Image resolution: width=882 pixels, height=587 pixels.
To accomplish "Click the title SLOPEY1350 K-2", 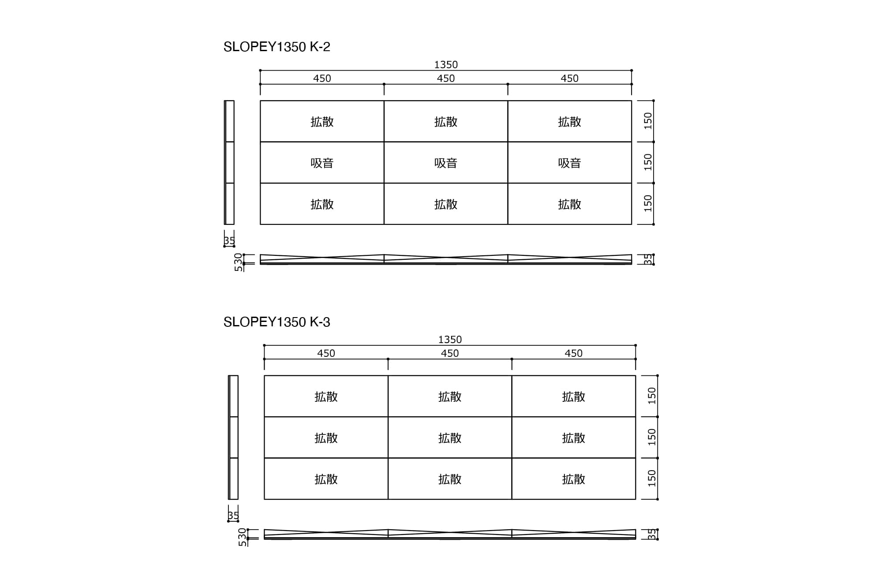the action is tap(277, 47).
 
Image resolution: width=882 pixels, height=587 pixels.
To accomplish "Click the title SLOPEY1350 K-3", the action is tap(277, 322).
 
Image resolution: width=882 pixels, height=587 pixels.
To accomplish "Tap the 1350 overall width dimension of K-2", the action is tap(446, 65).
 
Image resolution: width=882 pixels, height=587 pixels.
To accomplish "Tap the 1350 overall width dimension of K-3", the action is tap(450, 340).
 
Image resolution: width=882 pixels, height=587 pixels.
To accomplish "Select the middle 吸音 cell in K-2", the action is tap(446, 163).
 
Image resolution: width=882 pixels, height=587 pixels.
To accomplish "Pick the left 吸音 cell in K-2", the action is tap(322, 163).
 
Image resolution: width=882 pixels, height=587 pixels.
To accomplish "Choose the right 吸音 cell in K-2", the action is tap(570, 163).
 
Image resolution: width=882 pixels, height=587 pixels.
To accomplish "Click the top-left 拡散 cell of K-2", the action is tap(322, 121).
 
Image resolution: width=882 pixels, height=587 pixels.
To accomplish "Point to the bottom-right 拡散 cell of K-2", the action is tap(570, 204).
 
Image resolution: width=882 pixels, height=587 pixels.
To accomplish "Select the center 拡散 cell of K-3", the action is tap(450, 437).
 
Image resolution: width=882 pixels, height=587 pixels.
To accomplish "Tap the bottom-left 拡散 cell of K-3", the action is tap(326, 479).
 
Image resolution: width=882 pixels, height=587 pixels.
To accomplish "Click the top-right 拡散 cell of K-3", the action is tap(574, 396).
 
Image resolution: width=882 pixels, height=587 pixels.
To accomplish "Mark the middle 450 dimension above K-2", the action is tap(446, 79).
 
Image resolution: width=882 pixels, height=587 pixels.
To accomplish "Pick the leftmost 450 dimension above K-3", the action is tap(326, 353).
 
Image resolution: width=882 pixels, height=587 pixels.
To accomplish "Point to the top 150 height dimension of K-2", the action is tap(648, 121).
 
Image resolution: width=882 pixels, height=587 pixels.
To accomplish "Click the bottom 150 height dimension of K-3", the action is tap(652, 479).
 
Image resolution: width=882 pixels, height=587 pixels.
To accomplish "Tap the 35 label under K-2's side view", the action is tap(229, 241).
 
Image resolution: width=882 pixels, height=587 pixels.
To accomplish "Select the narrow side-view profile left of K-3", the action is tap(233, 437).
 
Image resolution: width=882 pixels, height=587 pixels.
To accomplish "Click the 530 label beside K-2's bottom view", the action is tap(239, 262).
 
